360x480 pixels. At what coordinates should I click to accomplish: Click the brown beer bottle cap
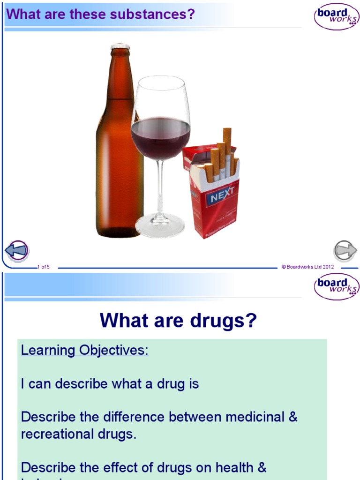click(x=120, y=47)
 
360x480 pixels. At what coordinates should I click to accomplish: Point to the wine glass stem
click(x=160, y=187)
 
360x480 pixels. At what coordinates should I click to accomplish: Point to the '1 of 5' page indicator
click(x=44, y=267)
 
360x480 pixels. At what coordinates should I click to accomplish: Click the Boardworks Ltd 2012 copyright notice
click(x=307, y=267)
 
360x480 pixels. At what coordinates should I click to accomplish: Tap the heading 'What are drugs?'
click(x=179, y=321)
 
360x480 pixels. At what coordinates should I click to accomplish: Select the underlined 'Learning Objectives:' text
click(x=85, y=350)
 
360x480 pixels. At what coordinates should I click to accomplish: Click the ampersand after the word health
click(x=262, y=467)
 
